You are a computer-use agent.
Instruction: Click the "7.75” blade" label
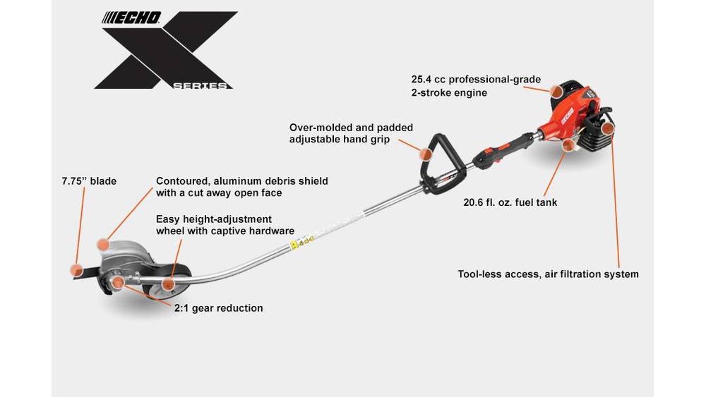[89, 181]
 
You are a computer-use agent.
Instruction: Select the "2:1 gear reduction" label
[219, 308]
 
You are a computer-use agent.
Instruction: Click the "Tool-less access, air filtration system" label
[548, 274]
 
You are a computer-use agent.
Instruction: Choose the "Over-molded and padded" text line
[351, 128]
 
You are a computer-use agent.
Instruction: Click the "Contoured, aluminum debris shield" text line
[241, 181]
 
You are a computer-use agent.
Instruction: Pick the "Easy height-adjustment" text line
[214, 219]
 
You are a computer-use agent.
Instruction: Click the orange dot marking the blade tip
[76, 269]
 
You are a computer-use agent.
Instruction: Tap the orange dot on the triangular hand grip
[425, 153]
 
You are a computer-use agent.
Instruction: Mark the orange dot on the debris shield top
[103, 244]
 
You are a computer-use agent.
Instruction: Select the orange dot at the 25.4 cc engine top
[556, 90]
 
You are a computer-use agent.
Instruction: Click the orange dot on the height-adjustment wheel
[168, 284]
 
